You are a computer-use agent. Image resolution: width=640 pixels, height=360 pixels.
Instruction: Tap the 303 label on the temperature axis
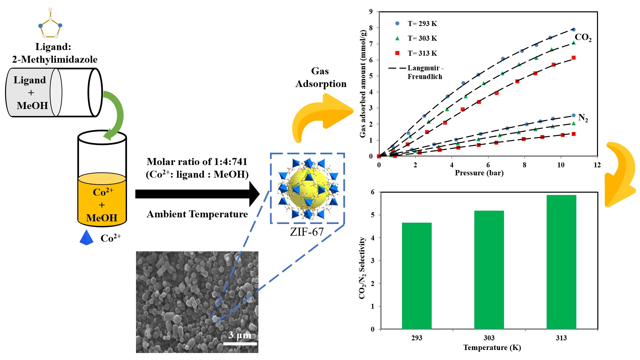tap(489, 338)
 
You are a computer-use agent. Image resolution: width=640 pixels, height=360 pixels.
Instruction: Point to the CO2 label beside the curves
tap(583, 37)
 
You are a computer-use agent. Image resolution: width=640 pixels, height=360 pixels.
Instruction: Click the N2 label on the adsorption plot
tap(583, 118)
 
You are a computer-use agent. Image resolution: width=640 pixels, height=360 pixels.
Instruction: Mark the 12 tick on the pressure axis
tap(597, 165)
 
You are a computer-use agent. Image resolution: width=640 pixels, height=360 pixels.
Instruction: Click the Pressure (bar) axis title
tap(479, 173)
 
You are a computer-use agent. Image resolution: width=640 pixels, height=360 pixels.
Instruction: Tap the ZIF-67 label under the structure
tap(307, 232)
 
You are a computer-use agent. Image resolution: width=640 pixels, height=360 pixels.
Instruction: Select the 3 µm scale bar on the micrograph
tap(240, 343)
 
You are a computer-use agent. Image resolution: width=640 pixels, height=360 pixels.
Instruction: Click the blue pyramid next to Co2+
tap(87, 238)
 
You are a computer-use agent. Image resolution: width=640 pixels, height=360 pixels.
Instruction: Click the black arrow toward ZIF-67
tap(197, 194)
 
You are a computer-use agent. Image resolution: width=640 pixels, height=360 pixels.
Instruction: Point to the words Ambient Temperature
tap(197, 214)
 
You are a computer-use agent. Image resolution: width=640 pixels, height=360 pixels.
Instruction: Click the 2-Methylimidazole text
tap(55, 59)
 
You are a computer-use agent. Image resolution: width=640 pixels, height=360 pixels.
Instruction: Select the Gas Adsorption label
tap(321, 77)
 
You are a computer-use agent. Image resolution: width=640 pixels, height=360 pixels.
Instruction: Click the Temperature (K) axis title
tap(492, 348)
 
